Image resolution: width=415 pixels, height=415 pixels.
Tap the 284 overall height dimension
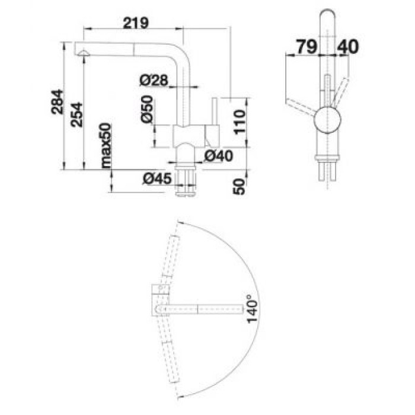[58, 103]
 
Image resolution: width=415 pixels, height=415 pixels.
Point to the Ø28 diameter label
[155, 80]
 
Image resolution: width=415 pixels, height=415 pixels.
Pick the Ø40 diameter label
[216, 157]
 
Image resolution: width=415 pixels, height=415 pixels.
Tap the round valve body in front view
[328, 122]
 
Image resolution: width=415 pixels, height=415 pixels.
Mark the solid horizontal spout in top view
[202, 309]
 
